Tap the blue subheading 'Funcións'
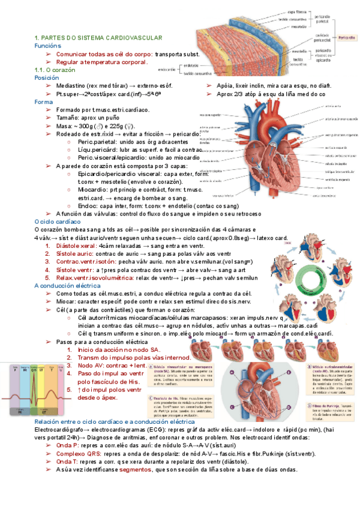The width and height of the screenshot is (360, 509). pos(47,46)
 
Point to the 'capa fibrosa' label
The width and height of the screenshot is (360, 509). pos(298,11)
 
